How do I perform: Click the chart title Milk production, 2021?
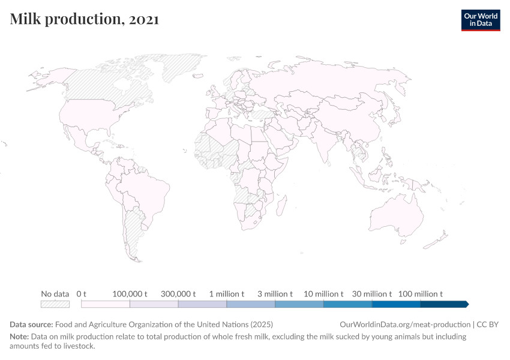tap(85, 19)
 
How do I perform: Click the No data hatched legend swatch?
tap(55, 304)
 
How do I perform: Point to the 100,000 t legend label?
tap(130, 294)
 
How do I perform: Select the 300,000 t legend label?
tap(178, 294)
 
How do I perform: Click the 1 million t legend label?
tap(227, 294)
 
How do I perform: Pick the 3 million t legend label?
tap(275, 294)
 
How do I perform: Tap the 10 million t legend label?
tap(323, 294)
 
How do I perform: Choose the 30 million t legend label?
tap(372, 294)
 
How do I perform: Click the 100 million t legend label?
tap(420, 294)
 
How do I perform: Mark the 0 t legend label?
tap(82, 294)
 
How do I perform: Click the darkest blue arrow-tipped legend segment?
tap(444, 304)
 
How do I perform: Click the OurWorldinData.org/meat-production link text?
tap(405, 324)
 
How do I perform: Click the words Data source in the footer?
tap(31, 324)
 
